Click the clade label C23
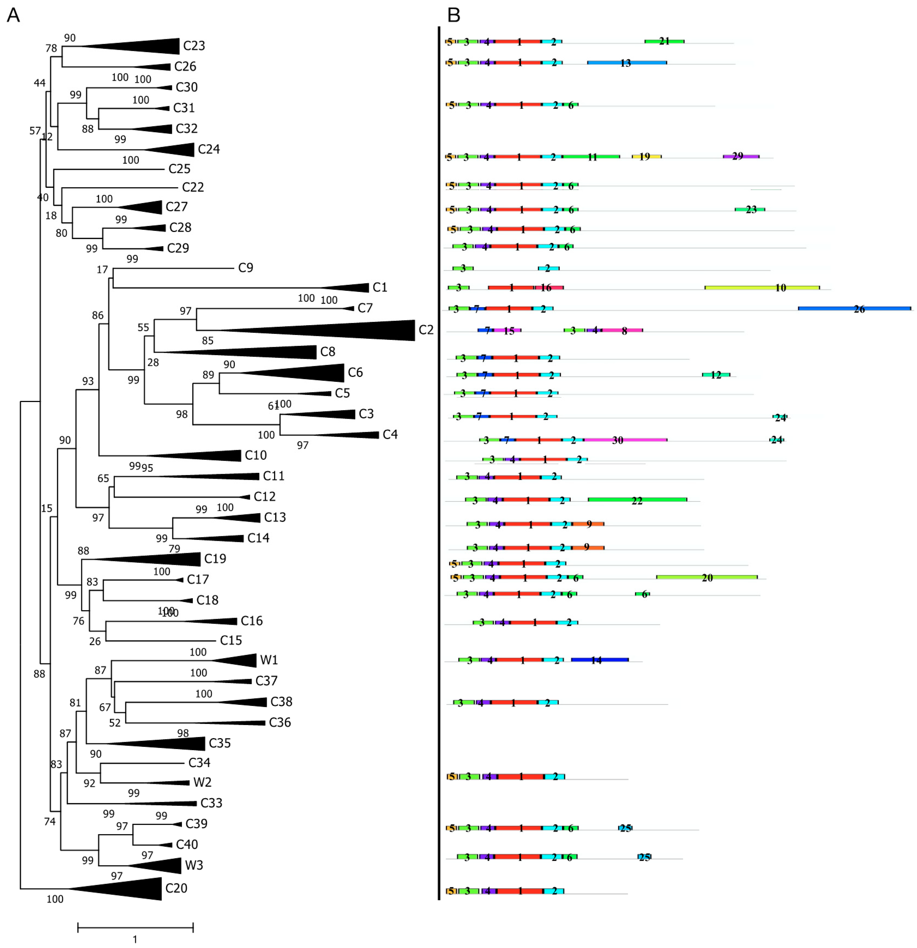click(194, 46)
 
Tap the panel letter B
click(454, 16)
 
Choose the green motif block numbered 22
click(637, 500)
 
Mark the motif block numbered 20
click(707, 577)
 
